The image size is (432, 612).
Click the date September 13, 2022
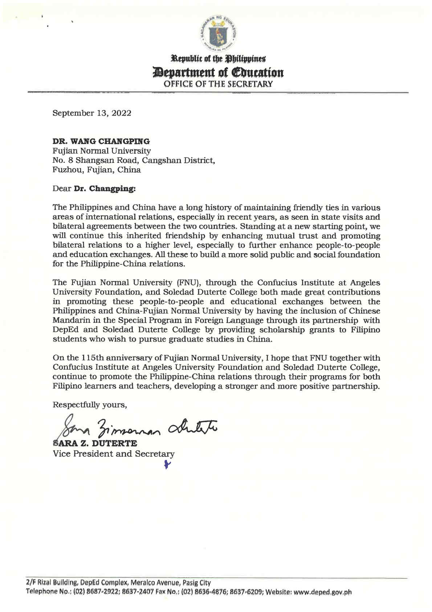tap(92, 113)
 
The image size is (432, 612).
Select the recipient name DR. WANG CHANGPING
tap(101, 141)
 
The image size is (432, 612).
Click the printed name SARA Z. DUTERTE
tap(95, 444)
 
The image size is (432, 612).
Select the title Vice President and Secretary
tap(114, 454)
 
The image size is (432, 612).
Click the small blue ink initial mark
tap(167, 464)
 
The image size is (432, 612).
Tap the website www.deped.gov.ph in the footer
tap(322, 592)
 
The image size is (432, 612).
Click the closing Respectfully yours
tap(90, 405)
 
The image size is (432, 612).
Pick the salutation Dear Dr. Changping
tap(94, 188)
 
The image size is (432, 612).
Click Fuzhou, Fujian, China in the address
tap(97, 169)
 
